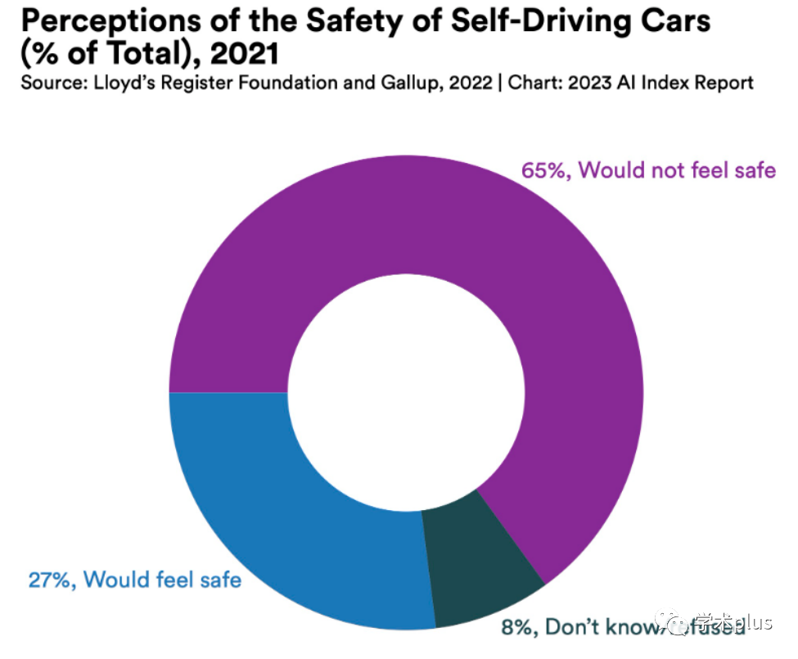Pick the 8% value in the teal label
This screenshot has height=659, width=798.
coord(516,627)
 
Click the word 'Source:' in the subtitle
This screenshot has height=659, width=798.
coord(52,83)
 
